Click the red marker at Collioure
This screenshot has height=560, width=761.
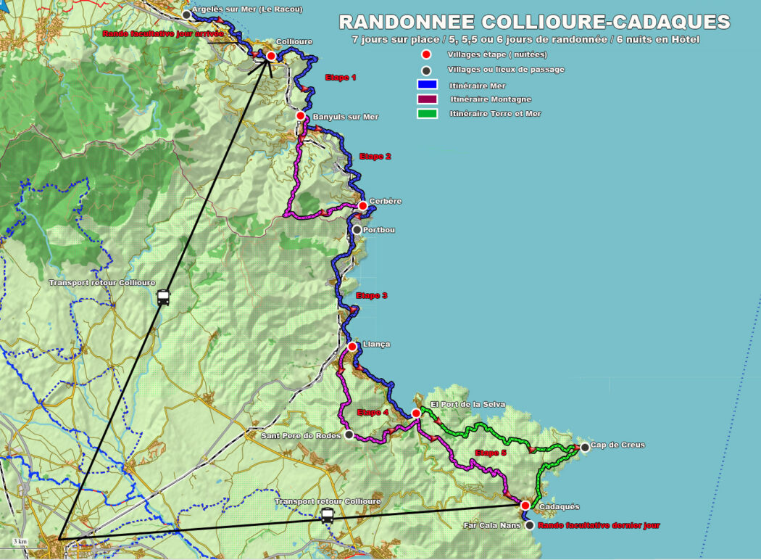pyautogui.click(x=271, y=56)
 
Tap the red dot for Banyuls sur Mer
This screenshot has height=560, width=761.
pyautogui.click(x=300, y=115)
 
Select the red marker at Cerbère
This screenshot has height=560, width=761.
pyautogui.click(x=362, y=205)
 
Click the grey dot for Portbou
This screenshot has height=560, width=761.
pyautogui.click(x=357, y=230)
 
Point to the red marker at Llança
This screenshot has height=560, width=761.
pyautogui.click(x=352, y=346)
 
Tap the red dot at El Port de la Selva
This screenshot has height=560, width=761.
pyautogui.click(x=416, y=413)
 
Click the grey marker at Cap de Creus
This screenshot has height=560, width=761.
pyautogui.click(x=585, y=447)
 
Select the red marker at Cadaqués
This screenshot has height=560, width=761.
pyautogui.click(x=525, y=505)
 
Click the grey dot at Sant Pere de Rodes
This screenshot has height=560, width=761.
pyautogui.click(x=349, y=435)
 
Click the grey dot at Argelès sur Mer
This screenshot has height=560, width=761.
pyautogui.click(x=186, y=15)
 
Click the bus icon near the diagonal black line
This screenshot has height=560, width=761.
pyautogui.click(x=163, y=297)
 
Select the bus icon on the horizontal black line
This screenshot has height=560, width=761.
pyautogui.click(x=328, y=515)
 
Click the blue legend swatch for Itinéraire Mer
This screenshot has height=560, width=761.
pyautogui.click(x=428, y=85)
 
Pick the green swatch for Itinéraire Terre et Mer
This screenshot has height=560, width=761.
pyautogui.click(x=428, y=113)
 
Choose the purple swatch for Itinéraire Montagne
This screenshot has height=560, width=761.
pyautogui.click(x=428, y=99)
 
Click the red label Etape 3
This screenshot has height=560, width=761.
pyautogui.click(x=372, y=295)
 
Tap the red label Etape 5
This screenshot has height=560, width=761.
pyautogui.click(x=490, y=453)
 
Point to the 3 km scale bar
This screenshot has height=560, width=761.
pyautogui.click(x=20, y=542)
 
